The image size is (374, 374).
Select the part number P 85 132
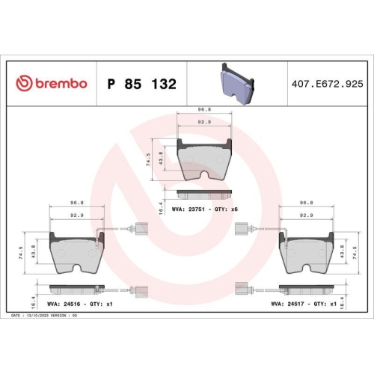(x=142, y=84)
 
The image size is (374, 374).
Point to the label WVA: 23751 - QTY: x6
(x=204, y=209)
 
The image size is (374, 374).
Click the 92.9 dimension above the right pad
(x=306, y=215)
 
